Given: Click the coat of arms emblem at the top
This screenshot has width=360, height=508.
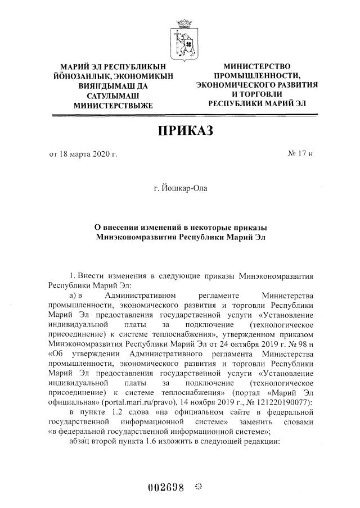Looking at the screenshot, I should tap(183, 34).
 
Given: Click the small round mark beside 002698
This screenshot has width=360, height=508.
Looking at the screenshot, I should tap(198, 486).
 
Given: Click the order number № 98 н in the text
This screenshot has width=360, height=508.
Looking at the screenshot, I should tap(297, 342).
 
